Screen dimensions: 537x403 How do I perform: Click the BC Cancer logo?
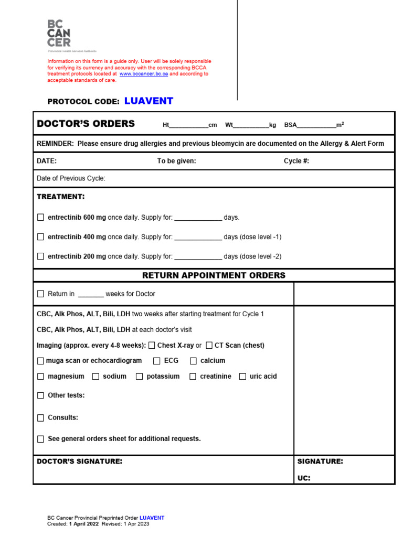(59, 35)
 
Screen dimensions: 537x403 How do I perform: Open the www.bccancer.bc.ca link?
(143, 74)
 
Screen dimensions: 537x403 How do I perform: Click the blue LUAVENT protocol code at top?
(149, 101)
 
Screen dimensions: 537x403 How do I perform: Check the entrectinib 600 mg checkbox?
(41, 217)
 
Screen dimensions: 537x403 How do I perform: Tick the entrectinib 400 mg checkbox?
(41, 237)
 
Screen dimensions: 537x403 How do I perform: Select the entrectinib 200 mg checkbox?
(41, 256)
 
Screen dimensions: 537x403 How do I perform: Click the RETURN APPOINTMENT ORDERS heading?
(214, 275)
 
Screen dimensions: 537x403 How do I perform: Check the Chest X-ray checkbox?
(152, 345)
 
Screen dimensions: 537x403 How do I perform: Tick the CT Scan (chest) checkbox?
(209, 345)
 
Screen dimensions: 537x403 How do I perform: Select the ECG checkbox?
(157, 361)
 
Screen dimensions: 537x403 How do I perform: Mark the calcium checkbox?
(193, 361)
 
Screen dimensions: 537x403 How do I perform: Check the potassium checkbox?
(139, 377)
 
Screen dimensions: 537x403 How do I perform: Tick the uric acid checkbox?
(242, 377)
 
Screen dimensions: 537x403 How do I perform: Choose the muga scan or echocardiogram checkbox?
(41, 361)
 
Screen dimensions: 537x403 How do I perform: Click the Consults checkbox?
(41, 418)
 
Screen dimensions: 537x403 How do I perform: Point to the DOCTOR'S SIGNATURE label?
(79, 461)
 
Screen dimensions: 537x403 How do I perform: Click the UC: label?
(304, 478)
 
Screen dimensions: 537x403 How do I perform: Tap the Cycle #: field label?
(296, 161)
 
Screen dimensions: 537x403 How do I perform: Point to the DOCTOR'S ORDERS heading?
(86, 124)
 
